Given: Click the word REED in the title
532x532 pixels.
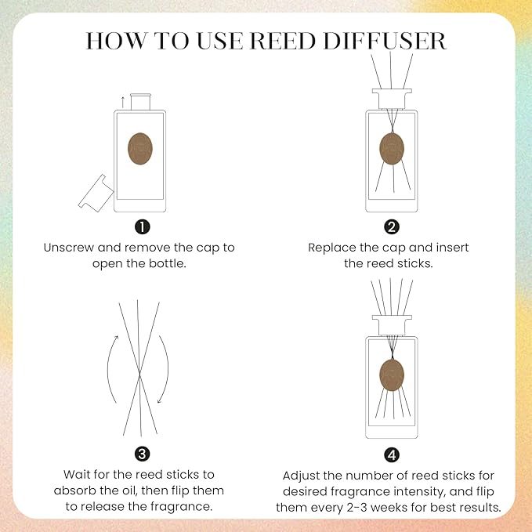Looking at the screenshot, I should click(288, 40).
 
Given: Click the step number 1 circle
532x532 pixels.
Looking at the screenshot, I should click(142, 227).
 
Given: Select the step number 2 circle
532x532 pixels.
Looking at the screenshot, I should click(391, 227).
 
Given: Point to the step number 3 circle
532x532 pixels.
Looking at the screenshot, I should click(142, 454).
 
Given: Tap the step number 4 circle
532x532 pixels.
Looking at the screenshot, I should click(391, 454).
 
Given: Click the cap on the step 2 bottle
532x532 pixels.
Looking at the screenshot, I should click(391, 99).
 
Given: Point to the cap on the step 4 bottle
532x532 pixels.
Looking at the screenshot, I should click(391, 324).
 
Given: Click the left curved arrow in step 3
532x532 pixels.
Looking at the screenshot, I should click(110, 369).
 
